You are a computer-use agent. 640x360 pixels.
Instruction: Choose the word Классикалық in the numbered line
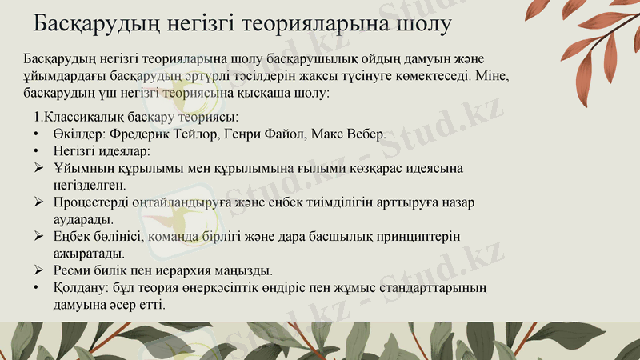(78, 115)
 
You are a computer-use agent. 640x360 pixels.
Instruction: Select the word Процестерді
(89, 202)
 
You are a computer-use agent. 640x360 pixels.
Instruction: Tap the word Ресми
(72, 270)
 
